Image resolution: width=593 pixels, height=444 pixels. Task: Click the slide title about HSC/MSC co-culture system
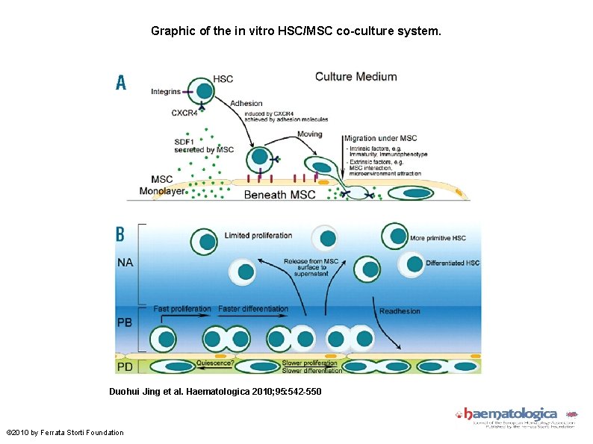click(296, 31)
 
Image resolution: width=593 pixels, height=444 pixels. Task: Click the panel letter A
click(121, 83)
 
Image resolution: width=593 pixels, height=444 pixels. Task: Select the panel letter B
click(120, 234)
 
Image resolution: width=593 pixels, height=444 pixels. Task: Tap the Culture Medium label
click(356, 76)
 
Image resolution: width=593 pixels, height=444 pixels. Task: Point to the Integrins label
click(166, 92)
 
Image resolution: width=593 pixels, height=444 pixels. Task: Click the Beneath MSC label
click(280, 195)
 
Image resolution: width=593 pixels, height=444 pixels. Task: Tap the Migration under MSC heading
click(379, 138)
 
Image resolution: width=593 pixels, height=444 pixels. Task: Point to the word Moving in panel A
click(309, 134)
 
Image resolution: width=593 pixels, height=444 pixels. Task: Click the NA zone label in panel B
click(125, 263)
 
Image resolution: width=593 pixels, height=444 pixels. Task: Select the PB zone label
click(125, 323)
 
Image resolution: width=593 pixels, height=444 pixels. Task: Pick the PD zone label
click(125, 367)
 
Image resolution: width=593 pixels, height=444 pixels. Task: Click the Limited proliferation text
click(258, 236)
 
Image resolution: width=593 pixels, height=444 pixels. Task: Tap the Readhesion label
click(400, 311)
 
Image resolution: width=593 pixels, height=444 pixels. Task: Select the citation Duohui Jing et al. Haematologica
click(215, 391)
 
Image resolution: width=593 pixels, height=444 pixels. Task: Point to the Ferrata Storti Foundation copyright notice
click(65, 433)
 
